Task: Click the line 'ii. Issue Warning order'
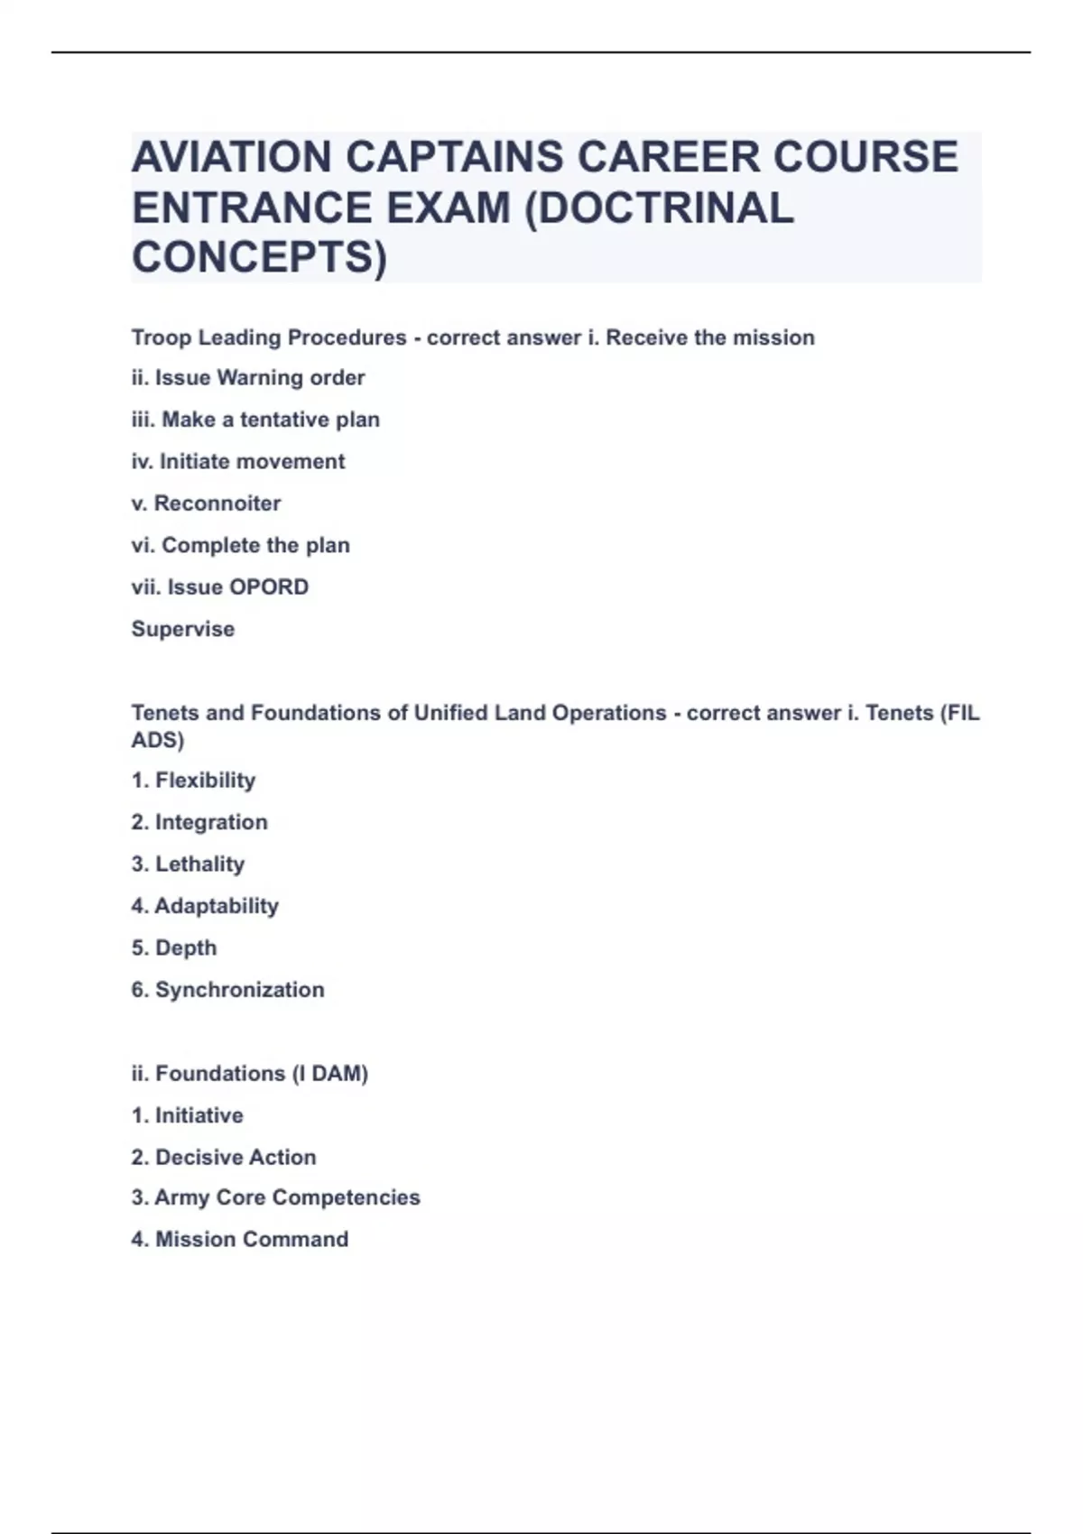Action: pyautogui.click(x=248, y=377)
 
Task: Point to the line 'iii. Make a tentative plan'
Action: pyautogui.click(x=255, y=420)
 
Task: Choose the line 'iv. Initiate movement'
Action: pyautogui.click(x=238, y=461)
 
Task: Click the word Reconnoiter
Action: pyautogui.click(x=218, y=503)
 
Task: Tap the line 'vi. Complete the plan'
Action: pyautogui.click(x=240, y=545)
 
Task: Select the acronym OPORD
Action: pyautogui.click(x=269, y=587)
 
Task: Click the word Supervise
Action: pyautogui.click(x=183, y=629)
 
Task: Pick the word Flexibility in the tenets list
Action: pyautogui.click(x=206, y=780)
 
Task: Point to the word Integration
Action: pyautogui.click(x=211, y=822)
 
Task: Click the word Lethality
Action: pyautogui.click(x=200, y=864)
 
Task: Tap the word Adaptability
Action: pyautogui.click(x=217, y=905)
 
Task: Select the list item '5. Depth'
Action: pyautogui.click(x=174, y=947)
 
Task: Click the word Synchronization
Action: pyautogui.click(x=240, y=989)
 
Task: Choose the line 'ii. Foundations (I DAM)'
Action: pyautogui.click(x=250, y=1073)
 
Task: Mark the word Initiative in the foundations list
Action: pyautogui.click(x=199, y=1115)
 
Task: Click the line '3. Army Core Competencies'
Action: pyautogui.click(x=276, y=1197)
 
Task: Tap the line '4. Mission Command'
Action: pyautogui.click(x=240, y=1239)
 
